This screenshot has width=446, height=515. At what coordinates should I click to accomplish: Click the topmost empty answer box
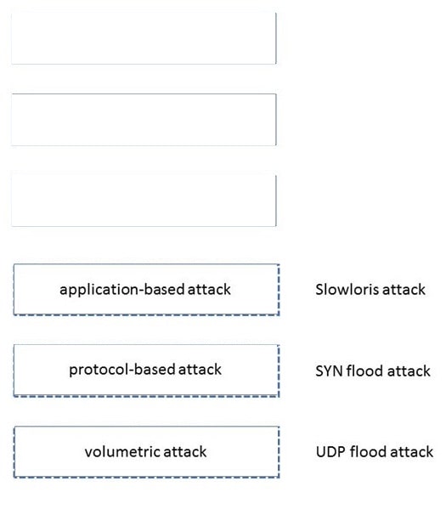tap(144, 38)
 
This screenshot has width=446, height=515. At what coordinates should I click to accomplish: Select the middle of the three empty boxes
tap(144, 120)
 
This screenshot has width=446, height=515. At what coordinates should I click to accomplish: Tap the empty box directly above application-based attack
tap(144, 201)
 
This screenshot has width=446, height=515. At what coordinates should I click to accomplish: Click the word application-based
tap(122, 290)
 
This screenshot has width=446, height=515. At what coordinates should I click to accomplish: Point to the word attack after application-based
tap(209, 290)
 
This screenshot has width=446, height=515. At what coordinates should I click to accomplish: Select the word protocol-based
tap(122, 370)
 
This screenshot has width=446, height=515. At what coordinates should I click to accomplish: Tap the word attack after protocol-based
tap(200, 370)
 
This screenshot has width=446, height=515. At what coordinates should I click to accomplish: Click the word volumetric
tap(122, 451)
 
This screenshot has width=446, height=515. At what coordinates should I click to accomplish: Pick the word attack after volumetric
tap(185, 451)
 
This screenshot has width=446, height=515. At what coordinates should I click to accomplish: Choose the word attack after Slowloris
tap(404, 290)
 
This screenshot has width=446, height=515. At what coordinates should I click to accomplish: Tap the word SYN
tap(330, 371)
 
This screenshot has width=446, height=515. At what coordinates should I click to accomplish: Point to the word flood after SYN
tap(365, 371)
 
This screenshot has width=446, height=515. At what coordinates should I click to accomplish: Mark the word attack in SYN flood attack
tap(409, 371)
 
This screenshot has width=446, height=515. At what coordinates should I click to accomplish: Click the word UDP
tap(330, 452)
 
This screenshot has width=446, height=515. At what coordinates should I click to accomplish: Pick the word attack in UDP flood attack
tap(412, 452)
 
